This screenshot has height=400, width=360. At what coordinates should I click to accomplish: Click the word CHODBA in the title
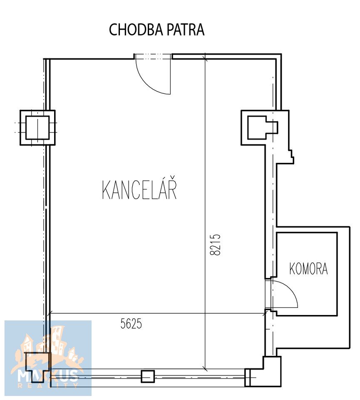(136, 30)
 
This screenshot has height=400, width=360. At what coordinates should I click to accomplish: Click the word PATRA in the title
(186, 30)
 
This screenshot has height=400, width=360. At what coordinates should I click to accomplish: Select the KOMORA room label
(308, 269)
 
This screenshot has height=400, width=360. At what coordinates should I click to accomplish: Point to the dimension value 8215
(215, 245)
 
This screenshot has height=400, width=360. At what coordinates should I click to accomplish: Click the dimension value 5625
(131, 324)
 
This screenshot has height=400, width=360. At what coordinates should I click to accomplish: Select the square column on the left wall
(37, 127)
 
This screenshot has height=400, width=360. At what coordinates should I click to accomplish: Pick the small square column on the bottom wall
(148, 376)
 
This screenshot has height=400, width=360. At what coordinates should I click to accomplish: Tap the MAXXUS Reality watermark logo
(48, 358)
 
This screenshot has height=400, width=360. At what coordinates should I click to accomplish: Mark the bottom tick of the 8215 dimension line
(205, 369)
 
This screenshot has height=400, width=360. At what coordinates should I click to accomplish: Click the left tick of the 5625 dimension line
(50, 313)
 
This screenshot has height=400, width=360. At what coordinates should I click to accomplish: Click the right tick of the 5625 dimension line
(265, 313)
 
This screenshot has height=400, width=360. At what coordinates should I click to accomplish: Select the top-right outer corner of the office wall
(281, 54)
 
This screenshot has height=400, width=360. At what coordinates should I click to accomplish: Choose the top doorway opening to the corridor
(153, 56)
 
